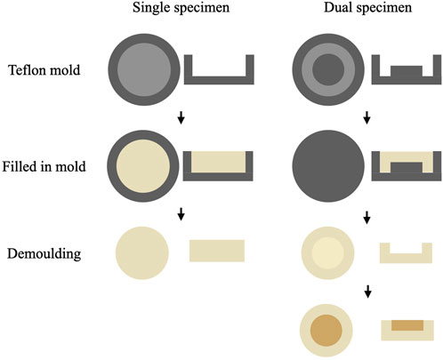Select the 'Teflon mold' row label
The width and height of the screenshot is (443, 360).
pyautogui.click(x=44, y=70)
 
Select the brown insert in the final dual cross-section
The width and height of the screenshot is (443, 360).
pyautogui.click(x=407, y=324)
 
